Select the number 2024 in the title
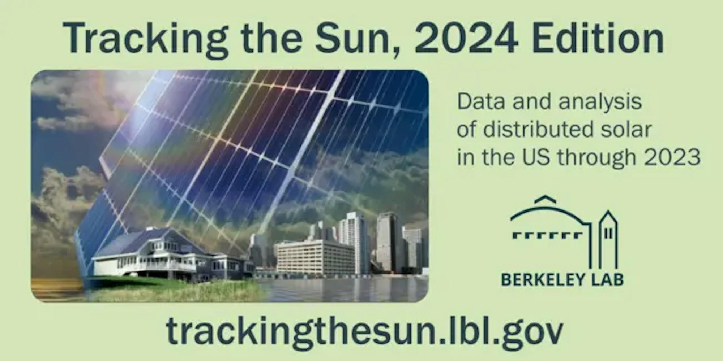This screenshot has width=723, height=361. coord(466,38)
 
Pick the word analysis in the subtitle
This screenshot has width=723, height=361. coord(600,103)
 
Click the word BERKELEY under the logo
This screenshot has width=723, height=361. coord(538,279)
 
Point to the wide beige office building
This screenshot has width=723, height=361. coord(314,256)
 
